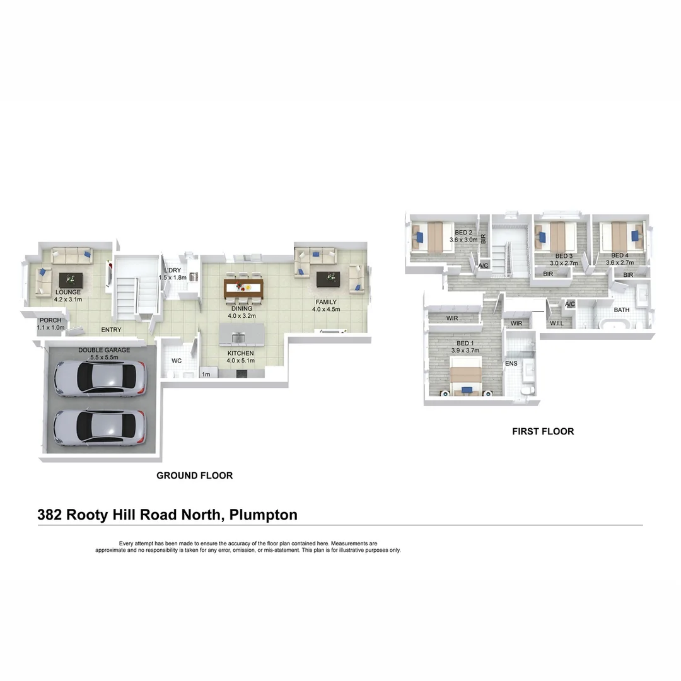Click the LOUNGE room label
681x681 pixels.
[x=68, y=292]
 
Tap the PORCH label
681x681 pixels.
[x=50, y=320]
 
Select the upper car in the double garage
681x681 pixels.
[x=100, y=378]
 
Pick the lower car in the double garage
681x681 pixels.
[x=100, y=428]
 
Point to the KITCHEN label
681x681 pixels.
[x=241, y=353]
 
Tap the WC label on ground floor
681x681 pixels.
[x=177, y=361]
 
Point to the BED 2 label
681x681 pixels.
[x=464, y=233]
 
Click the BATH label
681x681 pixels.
[x=622, y=310]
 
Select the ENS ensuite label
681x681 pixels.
[x=511, y=364]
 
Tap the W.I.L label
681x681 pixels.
[x=557, y=323]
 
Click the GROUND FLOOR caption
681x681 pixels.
[x=194, y=475]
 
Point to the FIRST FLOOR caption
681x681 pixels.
[x=543, y=432]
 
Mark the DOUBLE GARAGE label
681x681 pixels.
[x=104, y=350]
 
